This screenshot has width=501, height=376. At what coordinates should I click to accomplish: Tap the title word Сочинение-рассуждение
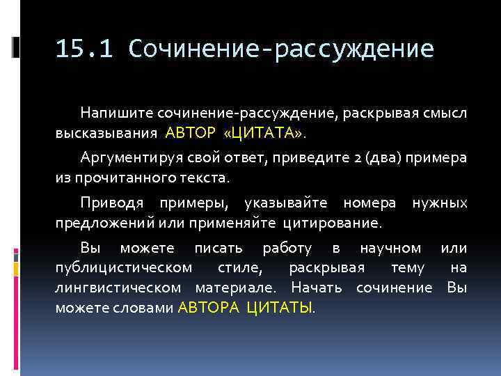[281, 49]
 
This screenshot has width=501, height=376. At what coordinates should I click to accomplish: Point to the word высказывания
[107, 132]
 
